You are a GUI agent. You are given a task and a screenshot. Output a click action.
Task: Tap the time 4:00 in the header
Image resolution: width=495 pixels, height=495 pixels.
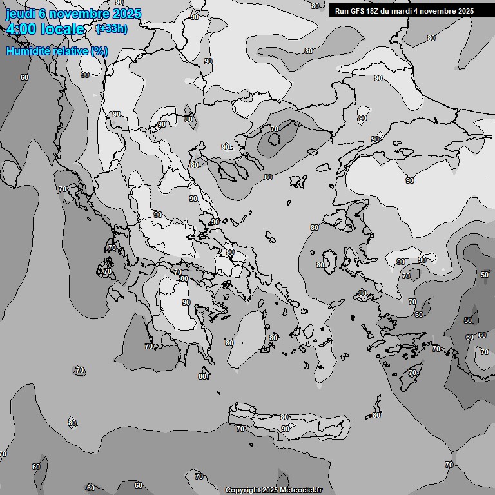[x=21, y=29]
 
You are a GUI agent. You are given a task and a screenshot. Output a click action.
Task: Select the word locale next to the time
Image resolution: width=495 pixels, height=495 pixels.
[x=63, y=29]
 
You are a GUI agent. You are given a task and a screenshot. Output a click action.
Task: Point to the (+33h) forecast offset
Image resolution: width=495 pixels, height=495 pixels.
[x=111, y=28]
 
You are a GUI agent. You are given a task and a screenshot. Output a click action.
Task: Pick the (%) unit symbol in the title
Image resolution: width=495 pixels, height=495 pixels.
[x=99, y=51]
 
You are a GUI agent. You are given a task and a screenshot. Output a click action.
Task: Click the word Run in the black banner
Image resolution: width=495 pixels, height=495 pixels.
[x=342, y=11]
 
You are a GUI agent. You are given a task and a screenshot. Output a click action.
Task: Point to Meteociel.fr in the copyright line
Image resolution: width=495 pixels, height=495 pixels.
[x=300, y=490]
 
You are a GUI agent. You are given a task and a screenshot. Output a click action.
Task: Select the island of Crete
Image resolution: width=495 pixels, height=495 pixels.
[x=290, y=422]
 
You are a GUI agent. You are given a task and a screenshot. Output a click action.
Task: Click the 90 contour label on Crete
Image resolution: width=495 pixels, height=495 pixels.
[x=285, y=429]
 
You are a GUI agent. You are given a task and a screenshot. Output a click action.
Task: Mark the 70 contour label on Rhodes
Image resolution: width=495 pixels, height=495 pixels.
[x=412, y=373]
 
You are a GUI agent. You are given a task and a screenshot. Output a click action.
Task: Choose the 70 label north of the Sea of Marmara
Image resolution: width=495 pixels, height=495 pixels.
[x=275, y=129]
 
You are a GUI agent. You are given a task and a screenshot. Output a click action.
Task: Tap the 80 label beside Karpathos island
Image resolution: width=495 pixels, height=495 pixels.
[x=376, y=414]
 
